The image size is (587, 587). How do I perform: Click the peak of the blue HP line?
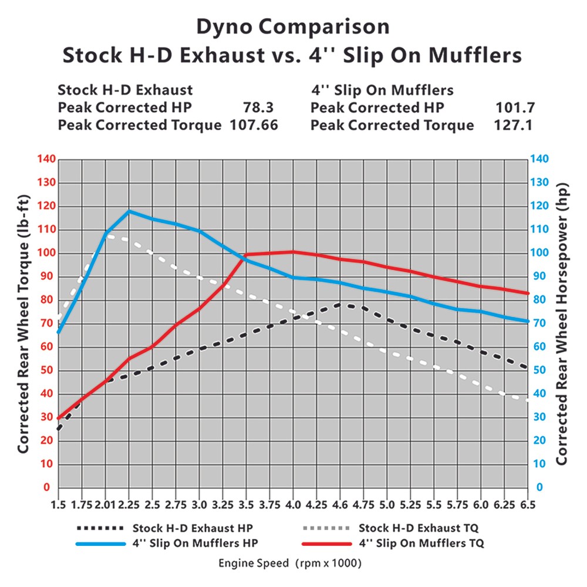(x=129, y=211)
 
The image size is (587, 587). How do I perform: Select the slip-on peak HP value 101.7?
(x=515, y=108)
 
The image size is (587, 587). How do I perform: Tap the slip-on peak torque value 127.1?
(x=515, y=125)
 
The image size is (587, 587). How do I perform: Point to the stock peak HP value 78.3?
(x=258, y=108)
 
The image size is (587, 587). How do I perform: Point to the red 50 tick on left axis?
(x=47, y=370)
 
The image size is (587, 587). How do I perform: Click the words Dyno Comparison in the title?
(x=292, y=27)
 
